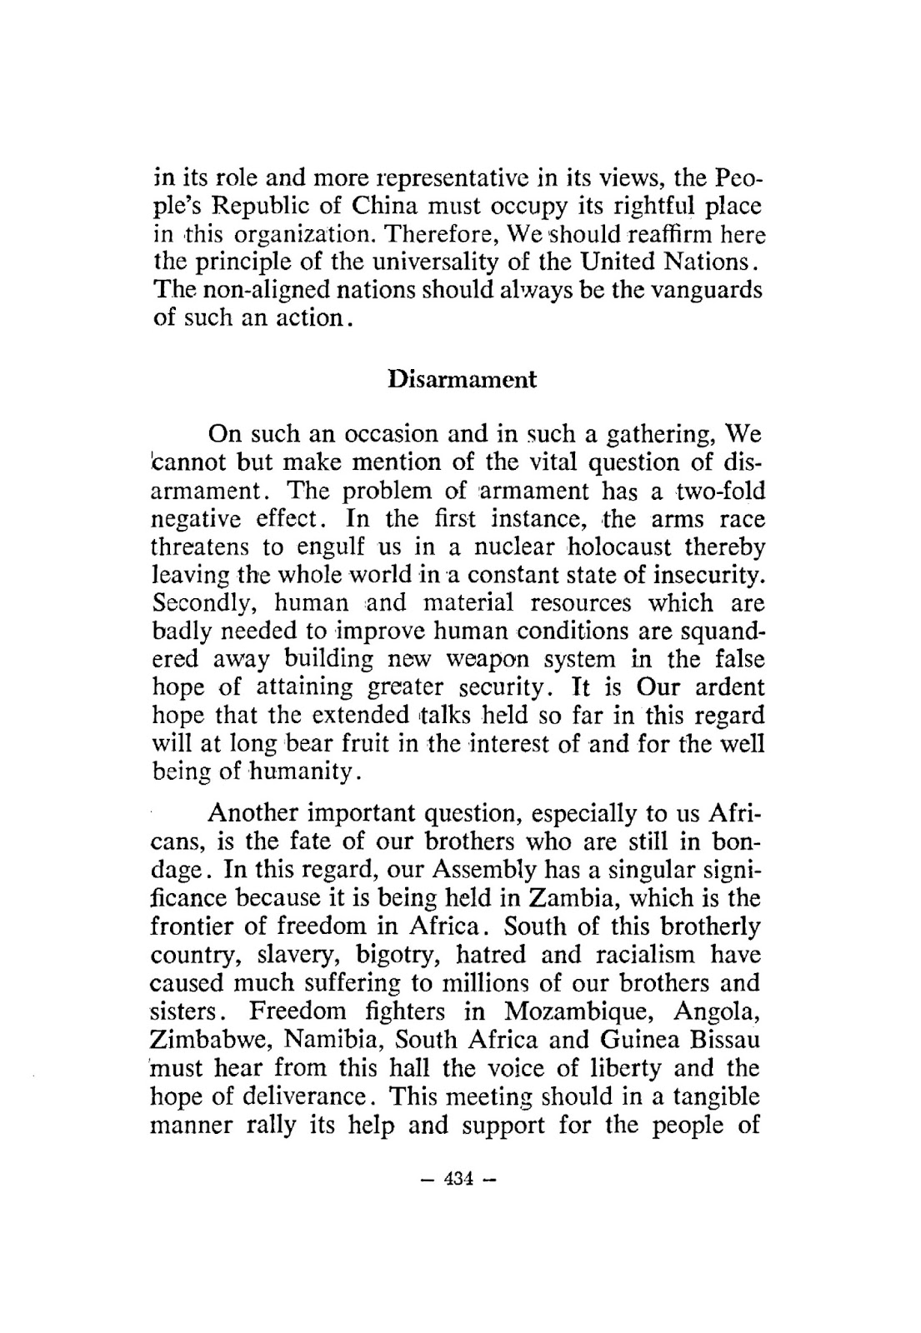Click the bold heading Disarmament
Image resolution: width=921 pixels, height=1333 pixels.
(463, 380)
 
